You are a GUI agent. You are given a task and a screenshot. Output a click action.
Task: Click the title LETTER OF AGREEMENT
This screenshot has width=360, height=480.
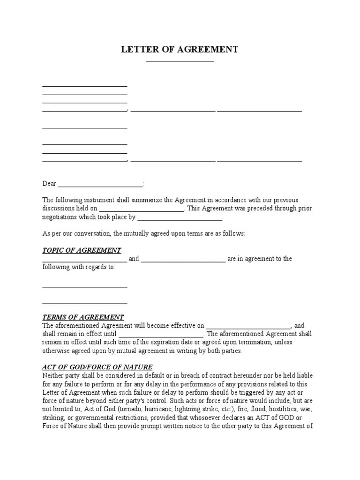[180, 50]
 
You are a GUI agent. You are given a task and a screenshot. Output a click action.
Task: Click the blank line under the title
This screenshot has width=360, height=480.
[180, 61]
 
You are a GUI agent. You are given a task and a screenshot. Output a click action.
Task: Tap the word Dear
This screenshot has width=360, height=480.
[49, 184]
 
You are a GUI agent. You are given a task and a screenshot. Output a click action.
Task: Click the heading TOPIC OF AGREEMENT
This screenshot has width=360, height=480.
[82, 250]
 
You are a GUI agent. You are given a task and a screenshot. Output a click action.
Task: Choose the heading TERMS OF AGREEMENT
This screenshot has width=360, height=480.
[83, 317]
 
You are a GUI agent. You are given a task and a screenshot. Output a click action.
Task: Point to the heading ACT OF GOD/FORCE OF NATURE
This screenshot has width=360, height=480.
[97, 367]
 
